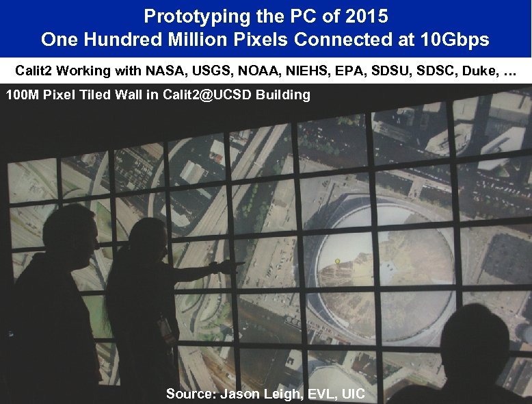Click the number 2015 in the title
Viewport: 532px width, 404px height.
click(367, 16)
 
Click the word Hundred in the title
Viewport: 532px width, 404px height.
click(121, 40)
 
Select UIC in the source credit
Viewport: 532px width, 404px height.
click(354, 394)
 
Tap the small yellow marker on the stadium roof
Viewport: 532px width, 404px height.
click(337, 261)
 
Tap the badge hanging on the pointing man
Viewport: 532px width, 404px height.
click(165, 329)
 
